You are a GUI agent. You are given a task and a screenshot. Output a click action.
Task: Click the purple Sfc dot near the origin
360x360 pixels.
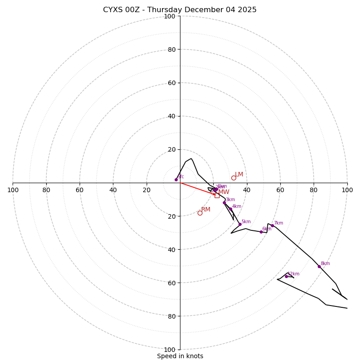tap(176, 180)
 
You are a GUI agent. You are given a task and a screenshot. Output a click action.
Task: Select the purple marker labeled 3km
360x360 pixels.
tap(224, 202)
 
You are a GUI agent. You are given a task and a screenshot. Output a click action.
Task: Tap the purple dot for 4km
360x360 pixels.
tap(230, 209)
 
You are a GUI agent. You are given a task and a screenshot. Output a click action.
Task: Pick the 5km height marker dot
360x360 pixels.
tap(240, 224)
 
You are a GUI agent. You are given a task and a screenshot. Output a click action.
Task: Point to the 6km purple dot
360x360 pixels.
tap(261, 232)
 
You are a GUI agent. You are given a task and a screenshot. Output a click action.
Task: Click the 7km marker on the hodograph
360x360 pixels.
tap(272, 225)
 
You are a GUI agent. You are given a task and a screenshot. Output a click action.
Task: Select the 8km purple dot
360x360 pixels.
tap(319, 266)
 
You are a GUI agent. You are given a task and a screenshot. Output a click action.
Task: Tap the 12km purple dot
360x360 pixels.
tap(286, 276)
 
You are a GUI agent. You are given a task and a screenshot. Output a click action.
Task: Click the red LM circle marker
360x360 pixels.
tap(234, 178)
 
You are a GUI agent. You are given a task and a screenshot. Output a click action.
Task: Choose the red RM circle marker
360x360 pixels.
tap(200, 213)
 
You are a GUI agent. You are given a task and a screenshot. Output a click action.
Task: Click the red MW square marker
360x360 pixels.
tap(217, 195)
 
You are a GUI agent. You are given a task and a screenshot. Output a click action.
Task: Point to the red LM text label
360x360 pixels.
tap(239, 175)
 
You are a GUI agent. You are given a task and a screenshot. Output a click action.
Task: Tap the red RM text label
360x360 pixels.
tap(206, 210)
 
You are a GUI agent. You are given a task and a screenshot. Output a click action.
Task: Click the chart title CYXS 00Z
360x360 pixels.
tap(180, 10)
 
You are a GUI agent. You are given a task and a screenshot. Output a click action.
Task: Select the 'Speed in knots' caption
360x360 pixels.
tap(180, 356)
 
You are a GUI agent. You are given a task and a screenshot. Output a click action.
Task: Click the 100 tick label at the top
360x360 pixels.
tap(169, 17)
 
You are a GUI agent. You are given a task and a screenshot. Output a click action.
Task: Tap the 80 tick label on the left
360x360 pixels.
tap(46, 190)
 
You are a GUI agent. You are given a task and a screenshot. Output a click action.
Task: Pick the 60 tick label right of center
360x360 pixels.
tap(280, 190)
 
